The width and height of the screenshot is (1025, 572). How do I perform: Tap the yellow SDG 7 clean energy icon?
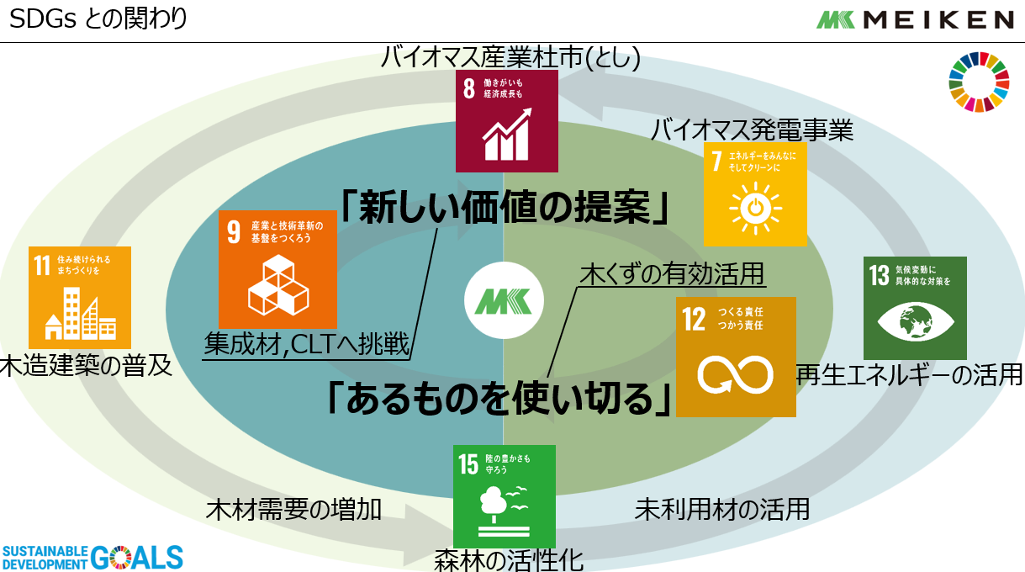coord(754,194)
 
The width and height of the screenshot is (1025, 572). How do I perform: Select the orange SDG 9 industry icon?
coord(278,269)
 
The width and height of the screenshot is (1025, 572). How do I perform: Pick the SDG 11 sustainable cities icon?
coord(80,297)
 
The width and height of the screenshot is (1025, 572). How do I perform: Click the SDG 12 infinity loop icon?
coord(736,357)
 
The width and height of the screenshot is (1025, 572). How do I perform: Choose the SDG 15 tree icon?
coord(504,496)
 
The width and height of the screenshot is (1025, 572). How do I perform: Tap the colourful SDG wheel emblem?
coord(977,82)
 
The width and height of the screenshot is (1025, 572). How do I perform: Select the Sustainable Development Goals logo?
coord(92,557)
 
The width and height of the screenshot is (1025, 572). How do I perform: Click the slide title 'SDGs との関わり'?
coord(98,19)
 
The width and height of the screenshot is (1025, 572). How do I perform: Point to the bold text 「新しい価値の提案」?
coord(505,206)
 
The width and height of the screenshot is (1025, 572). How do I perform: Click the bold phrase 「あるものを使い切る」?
coord(500,396)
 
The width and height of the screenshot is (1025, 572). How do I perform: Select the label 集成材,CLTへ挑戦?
coord(307,345)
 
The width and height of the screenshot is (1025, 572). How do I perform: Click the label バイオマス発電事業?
coord(753,130)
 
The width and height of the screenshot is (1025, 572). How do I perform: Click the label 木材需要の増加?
coord(293,509)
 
